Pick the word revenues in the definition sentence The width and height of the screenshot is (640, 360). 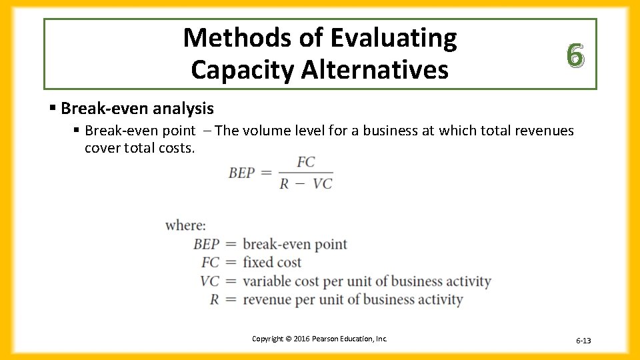(x=543, y=131)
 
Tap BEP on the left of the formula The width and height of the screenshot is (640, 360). (x=241, y=173)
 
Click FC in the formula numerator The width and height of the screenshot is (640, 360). (x=306, y=162)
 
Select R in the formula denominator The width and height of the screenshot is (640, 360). (x=285, y=184)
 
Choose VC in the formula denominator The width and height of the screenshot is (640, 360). (x=322, y=184)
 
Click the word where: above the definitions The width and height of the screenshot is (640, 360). (x=185, y=225)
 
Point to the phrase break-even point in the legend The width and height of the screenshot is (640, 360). (x=295, y=244)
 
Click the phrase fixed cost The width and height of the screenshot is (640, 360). (x=272, y=263)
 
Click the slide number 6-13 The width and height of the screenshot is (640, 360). (x=583, y=341)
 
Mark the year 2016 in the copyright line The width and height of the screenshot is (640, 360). (x=294, y=339)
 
